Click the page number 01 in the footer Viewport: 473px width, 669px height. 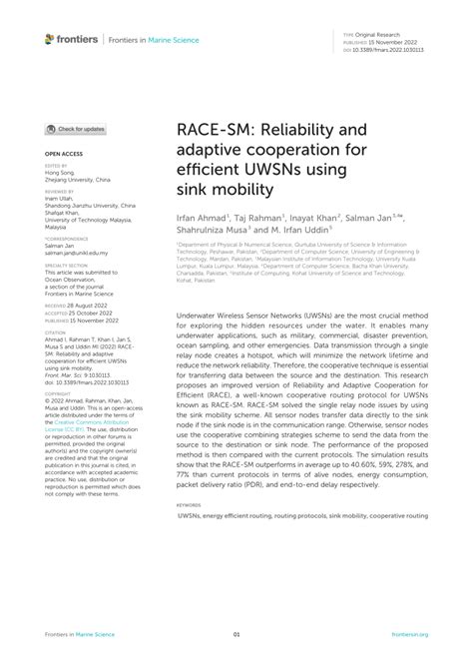(x=236, y=633)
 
